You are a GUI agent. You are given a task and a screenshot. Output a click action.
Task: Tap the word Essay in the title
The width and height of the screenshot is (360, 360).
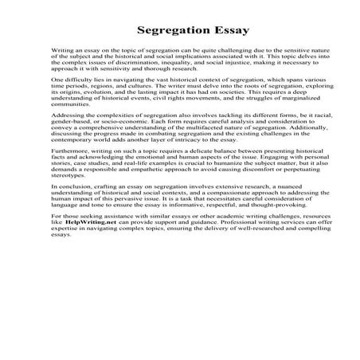pos(226,32)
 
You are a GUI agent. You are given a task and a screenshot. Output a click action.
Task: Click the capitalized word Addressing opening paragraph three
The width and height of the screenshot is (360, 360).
pos(68,138)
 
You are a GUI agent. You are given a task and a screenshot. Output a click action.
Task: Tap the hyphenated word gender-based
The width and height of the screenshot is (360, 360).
pos(74,144)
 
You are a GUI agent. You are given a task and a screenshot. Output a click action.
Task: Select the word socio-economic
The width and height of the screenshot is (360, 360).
pos(127,144)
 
